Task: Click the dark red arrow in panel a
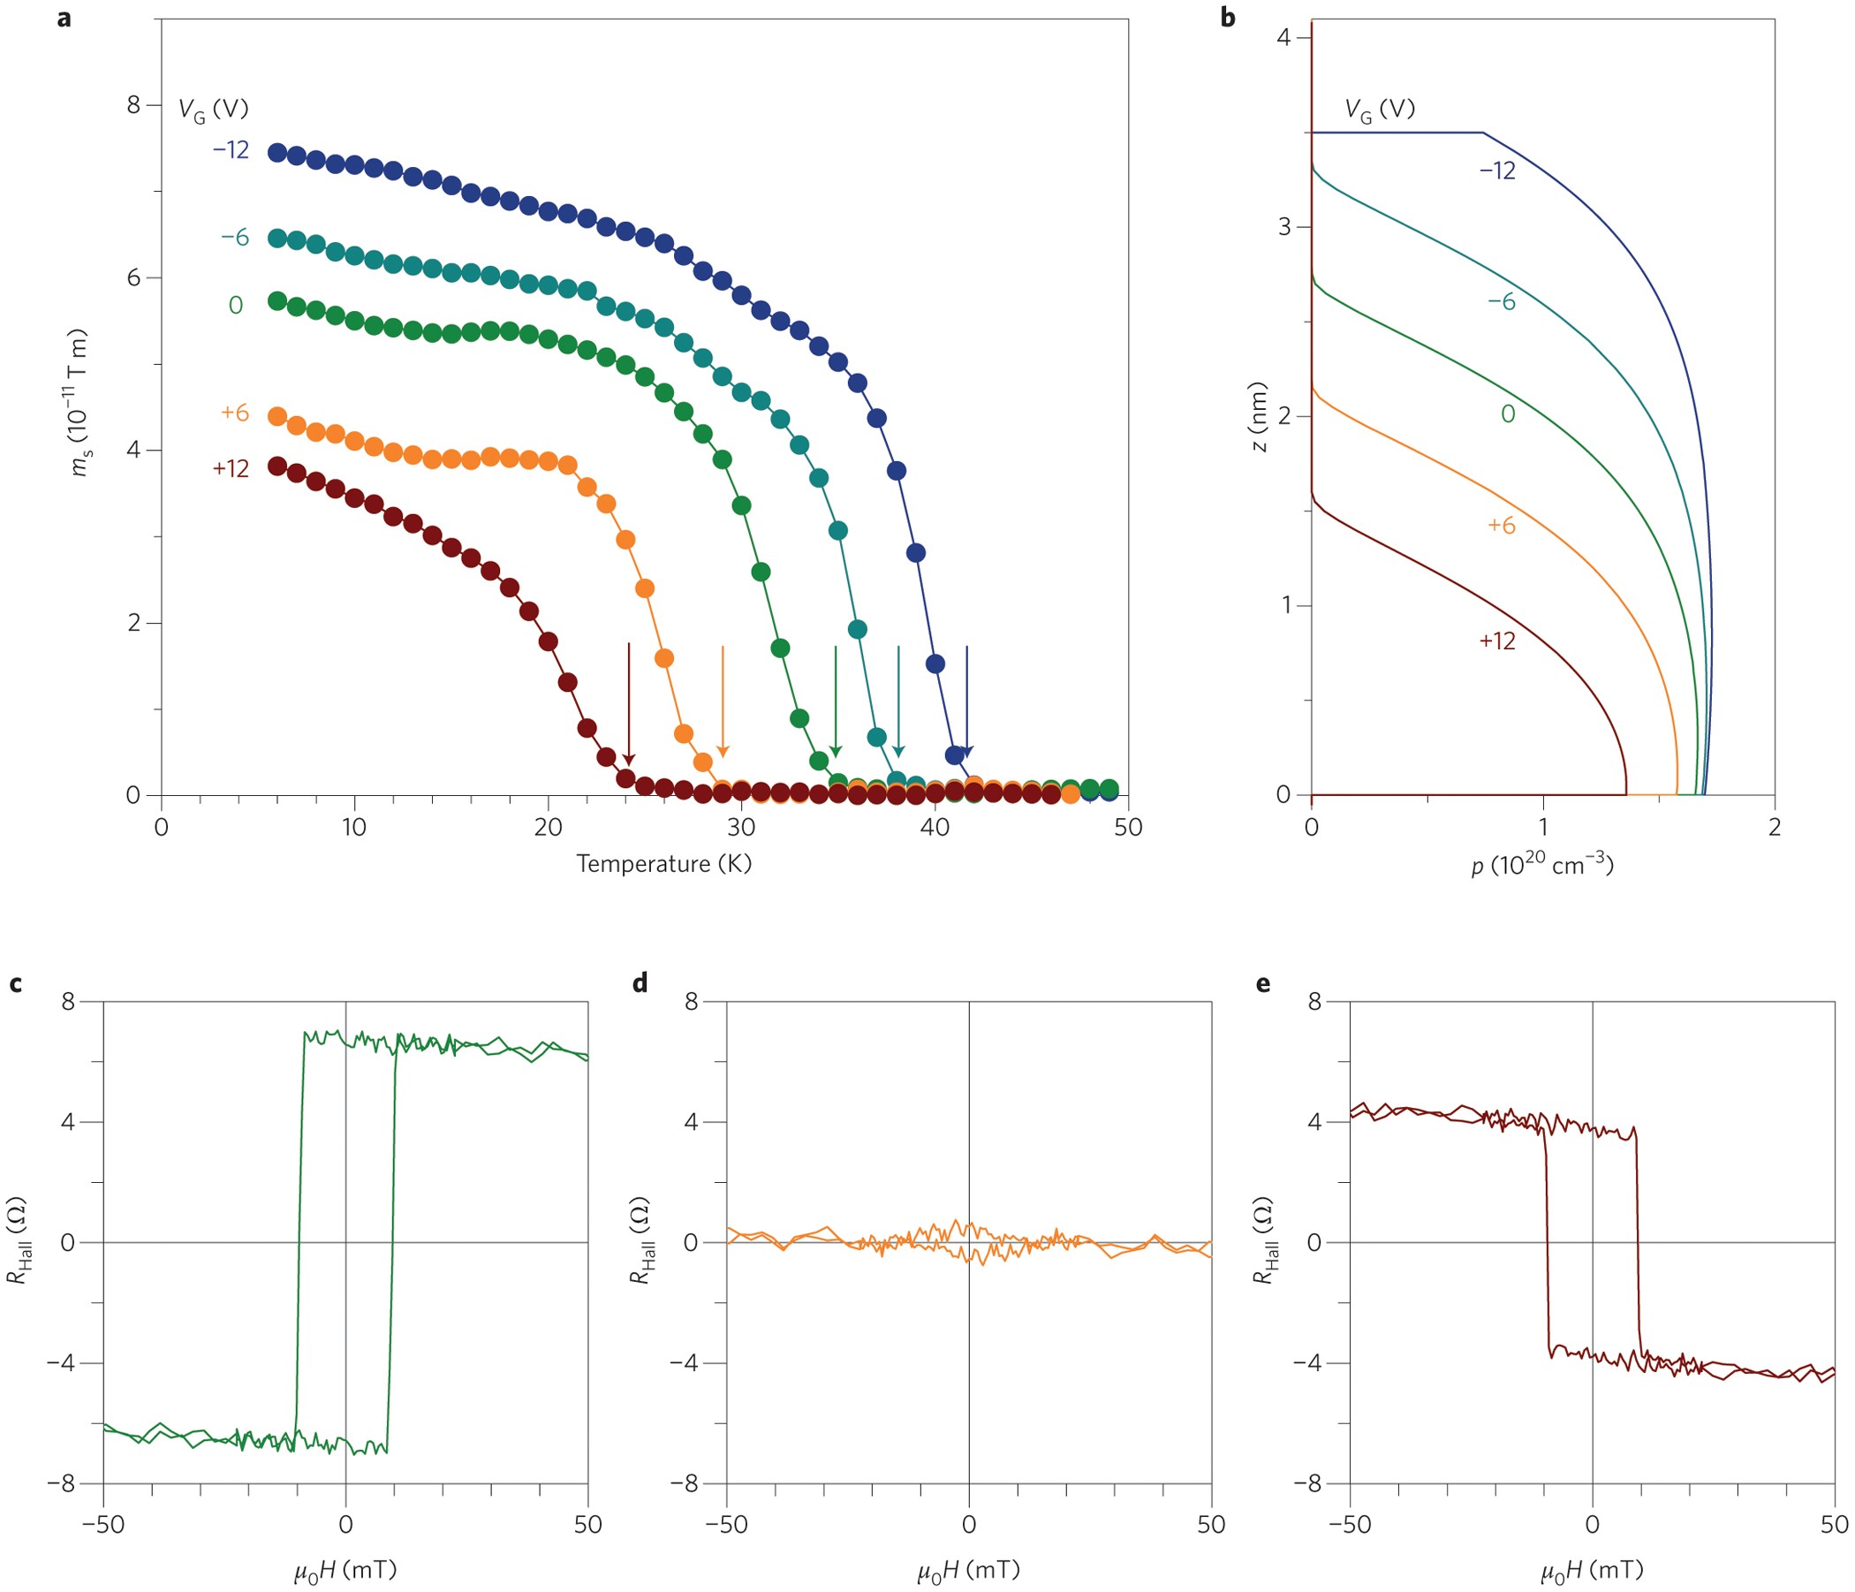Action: pyautogui.click(x=628, y=704)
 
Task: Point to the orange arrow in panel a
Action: pyautogui.click(x=723, y=701)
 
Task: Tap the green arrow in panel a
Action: pyautogui.click(x=836, y=701)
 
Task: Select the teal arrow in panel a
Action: pyautogui.click(x=898, y=701)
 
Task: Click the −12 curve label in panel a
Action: pyautogui.click(x=231, y=149)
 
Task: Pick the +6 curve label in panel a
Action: pyautogui.click(x=235, y=413)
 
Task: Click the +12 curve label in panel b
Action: pyautogui.click(x=1497, y=641)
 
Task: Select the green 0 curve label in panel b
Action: pyautogui.click(x=1508, y=413)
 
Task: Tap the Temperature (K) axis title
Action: pyautogui.click(x=663, y=863)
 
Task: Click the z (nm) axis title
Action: pyautogui.click(x=1261, y=417)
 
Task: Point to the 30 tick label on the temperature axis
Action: pyautogui.click(x=741, y=826)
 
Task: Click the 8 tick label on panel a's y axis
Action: pyautogui.click(x=134, y=105)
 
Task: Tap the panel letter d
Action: pyautogui.click(x=640, y=983)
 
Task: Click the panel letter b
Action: pyautogui.click(x=1228, y=16)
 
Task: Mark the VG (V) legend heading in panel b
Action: pyautogui.click(x=1380, y=110)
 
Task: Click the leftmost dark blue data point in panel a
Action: pyautogui.click(x=277, y=152)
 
